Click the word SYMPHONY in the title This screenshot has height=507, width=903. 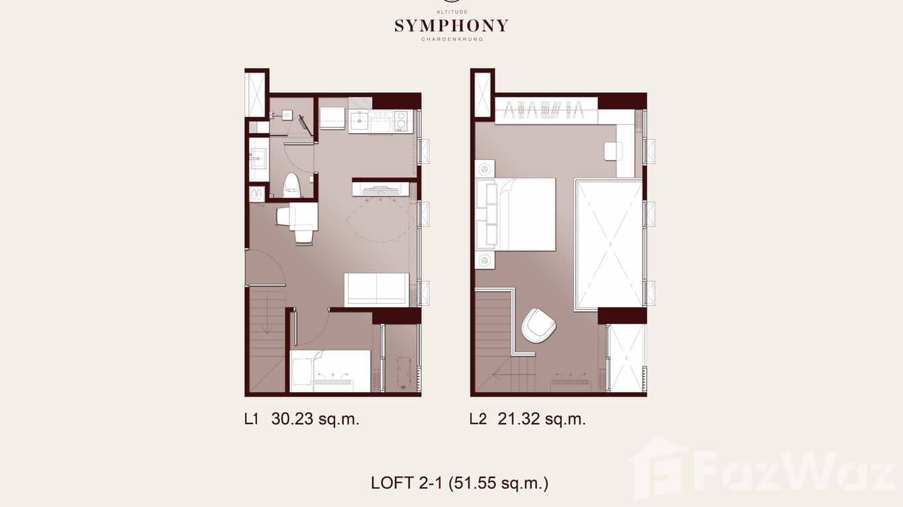coord(451,26)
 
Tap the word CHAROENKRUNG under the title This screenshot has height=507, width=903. coord(451,40)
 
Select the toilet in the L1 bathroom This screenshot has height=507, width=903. coord(291,184)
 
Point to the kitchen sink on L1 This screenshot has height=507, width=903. coord(359,122)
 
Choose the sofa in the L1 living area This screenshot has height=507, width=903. coord(377,289)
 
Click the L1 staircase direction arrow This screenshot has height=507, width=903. coord(266,326)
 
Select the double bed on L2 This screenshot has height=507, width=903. coord(518,214)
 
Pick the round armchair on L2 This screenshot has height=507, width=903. coord(539,325)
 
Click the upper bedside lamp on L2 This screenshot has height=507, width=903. coord(484,168)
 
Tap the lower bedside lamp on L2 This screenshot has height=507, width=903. coord(484,260)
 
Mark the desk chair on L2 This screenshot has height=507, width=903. coord(612,151)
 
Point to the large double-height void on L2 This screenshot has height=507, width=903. coord(609,244)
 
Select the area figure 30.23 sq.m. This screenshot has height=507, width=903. coord(315,420)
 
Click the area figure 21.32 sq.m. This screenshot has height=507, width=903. coord(542,420)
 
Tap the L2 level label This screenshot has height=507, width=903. coord(478,420)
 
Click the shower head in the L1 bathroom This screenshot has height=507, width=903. coord(286,115)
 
